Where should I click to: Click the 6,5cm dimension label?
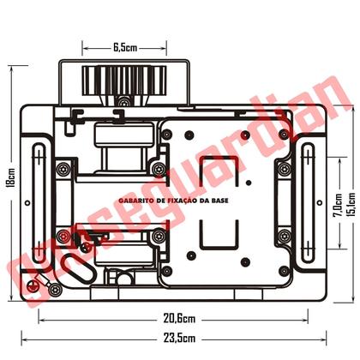(x=125, y=48)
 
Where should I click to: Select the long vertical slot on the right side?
(x=309, y=202)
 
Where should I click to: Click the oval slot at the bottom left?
(x=82, y=273)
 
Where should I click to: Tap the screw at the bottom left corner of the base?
(x=33, y=285)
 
